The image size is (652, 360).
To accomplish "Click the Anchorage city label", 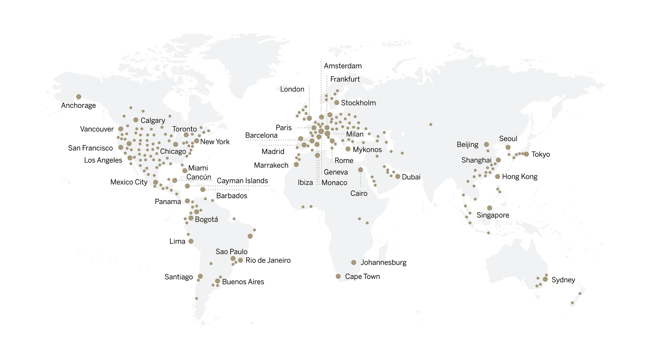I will click(78, 105).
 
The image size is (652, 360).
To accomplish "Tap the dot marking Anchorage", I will click(79, 97).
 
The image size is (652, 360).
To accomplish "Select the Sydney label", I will click(563, 280).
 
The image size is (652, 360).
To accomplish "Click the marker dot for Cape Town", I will click(338, 277).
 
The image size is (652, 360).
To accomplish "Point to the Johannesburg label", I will click(383, 263).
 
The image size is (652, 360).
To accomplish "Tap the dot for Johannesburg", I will click(354, 263).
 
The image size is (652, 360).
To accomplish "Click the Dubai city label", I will click(411, 177).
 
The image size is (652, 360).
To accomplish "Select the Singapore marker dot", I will click(489, 208).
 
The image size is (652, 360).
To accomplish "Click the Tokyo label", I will click(540, 154).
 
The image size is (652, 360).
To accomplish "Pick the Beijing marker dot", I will click(487, 145).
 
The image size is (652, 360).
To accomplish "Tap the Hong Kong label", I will click(520, 177).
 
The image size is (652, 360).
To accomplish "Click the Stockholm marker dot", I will click(337, 103).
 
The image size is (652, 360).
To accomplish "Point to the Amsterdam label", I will click(343, 66).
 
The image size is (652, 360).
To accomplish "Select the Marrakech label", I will click(271, 165).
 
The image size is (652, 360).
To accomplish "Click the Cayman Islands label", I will click(242, 181).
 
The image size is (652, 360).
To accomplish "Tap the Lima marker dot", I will click(191, 241).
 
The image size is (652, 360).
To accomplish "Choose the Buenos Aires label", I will click(243, 282).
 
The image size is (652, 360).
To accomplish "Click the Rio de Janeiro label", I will click(268, 260).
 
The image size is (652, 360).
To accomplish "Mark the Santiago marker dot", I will click(200, 277).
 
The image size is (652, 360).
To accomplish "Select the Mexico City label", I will click(129, 182).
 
